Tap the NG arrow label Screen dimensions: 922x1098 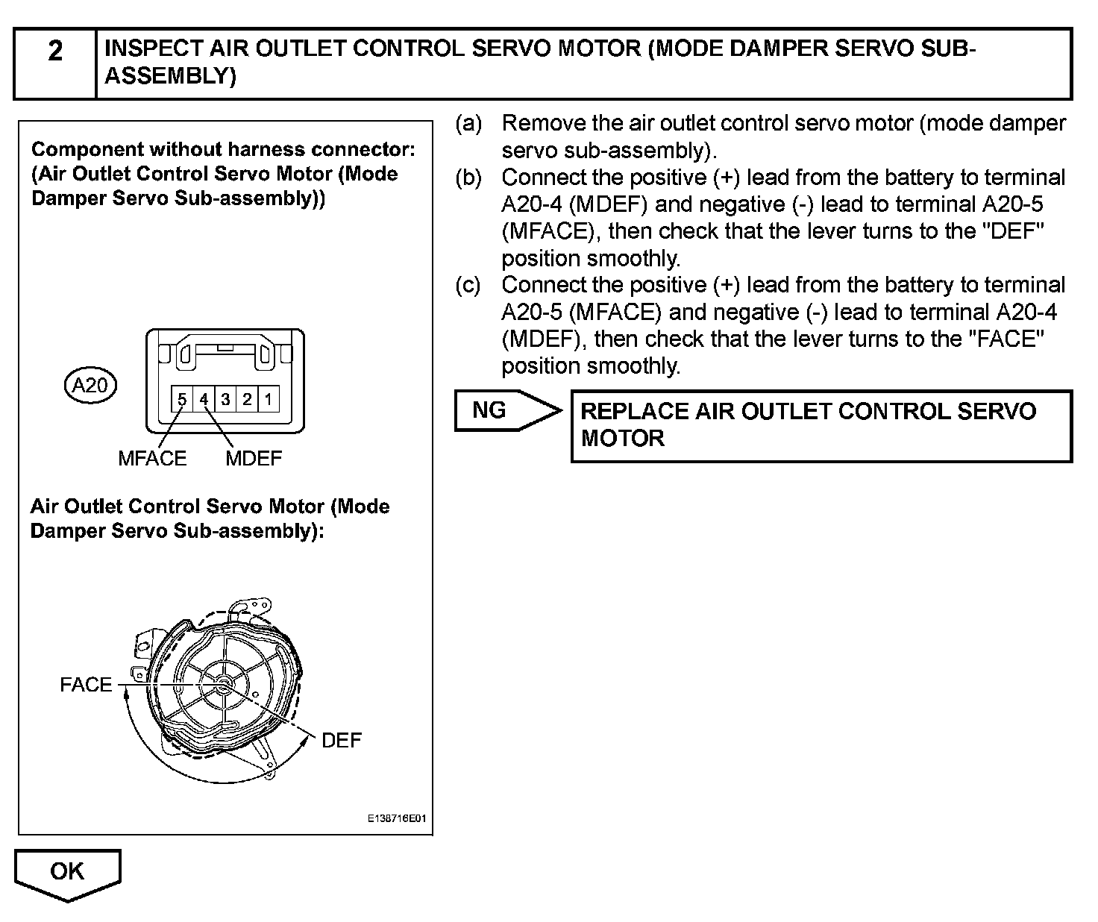tap(490, 410)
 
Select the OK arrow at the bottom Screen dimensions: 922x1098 tap(67, 871)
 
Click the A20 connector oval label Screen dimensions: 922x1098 tap(90, 386)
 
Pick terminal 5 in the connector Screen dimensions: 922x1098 tap(182, 399)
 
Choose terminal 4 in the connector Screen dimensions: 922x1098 tap(204, 399)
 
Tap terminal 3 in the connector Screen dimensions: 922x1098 tap(225, 399)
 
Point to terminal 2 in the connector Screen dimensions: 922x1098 tap(246, 399)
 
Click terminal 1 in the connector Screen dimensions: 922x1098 tap(267, 399)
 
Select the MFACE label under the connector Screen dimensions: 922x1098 tap(152, 458)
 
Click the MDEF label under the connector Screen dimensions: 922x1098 tap(254, 458)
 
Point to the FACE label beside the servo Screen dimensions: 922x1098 tap(86, 685)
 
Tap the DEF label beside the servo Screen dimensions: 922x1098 tap(342, 740)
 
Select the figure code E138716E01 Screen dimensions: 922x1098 tap(397, 818)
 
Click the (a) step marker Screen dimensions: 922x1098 tap(469, 123)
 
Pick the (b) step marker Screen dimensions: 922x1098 tap(469, 178)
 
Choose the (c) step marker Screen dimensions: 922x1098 tap(469, 285)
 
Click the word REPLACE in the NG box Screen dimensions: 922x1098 tap(634, 411)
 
